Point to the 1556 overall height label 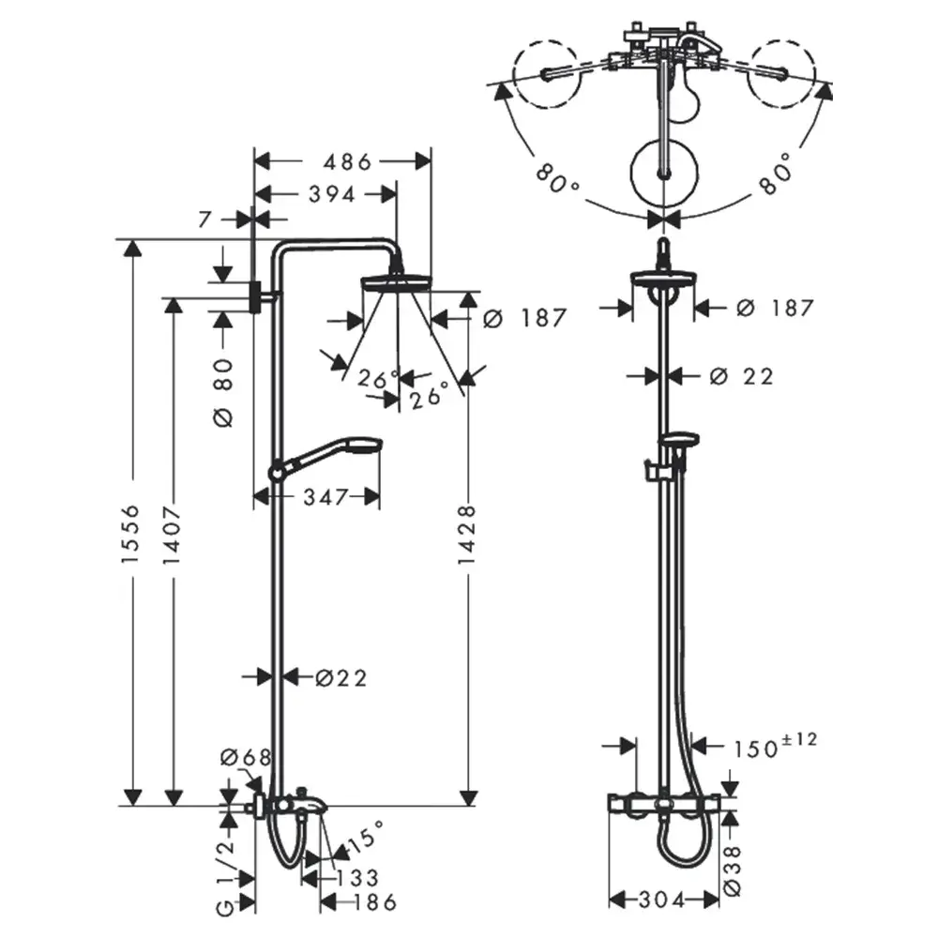click(x=131, y=534)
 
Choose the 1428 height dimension click(x=467, y=535)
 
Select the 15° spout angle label click(x=367, y=837)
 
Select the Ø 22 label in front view click(x=742, y=375)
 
